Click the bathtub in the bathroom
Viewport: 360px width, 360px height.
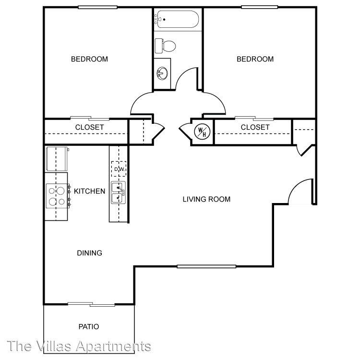pyautogui.click(x=176, y=19)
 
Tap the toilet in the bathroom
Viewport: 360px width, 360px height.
pyautogui.click(x=166, y=46)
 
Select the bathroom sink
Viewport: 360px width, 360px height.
pyautogui.click(x=162, y=73)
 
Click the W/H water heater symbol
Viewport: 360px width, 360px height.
pyautogui.click(x=201, y=131)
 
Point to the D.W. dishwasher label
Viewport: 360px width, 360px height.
pyautogui.click(x=119, y=169)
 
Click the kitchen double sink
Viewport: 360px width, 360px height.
pyautogui.click(x=118, y=192)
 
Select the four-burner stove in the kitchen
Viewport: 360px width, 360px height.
pyautogui.click(x=56, y=196)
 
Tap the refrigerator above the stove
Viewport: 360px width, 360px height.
pyautogui.click(x=57, y=158)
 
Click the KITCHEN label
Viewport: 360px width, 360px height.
pyautogui.click(x=89, y=191)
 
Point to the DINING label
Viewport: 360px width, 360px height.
pyautogui.click(x=89, y=253)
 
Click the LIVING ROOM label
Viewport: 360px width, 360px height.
pyautogui.click(x=206, y=199)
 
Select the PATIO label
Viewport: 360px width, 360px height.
pyautogui.click(x=89, y=327)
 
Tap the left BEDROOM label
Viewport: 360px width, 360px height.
pyautogui.click(x=89, y=59)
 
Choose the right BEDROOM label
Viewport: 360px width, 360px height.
pyautogui.click(x=255, y=59)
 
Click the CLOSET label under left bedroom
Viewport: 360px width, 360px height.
pyautogui.click(x=89, y=127)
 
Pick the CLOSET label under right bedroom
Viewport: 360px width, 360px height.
pyautogui.click(x=255, y=127)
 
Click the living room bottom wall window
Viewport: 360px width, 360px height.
pyautogui.click(x=206, y=266)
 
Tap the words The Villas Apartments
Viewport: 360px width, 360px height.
pyautogui.click(x=80, y=346)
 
